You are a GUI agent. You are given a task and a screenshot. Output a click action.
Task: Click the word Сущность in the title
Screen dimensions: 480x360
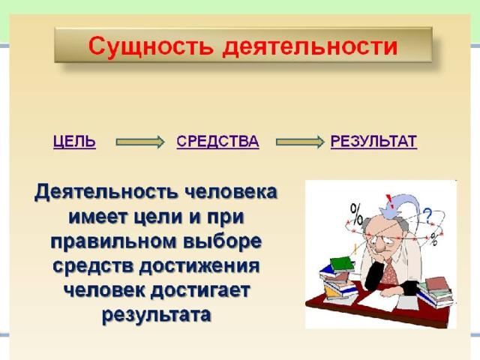(x=151, y=47)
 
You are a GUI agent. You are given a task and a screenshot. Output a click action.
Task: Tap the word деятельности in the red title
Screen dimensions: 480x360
(x=310, y=47)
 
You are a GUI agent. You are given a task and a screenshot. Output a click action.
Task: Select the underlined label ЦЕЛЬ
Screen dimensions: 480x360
(x=74, y=142)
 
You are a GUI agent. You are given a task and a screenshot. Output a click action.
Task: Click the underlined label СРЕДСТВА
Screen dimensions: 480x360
(x=217, y=142)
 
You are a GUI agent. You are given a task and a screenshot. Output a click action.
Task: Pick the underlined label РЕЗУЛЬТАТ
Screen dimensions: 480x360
(x=373, y=142)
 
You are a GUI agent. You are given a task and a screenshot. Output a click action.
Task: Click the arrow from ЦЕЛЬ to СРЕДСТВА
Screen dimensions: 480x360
(x=140, y=142)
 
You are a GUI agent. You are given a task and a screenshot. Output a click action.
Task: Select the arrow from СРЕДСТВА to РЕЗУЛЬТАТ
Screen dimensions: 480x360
(x=300, y=142)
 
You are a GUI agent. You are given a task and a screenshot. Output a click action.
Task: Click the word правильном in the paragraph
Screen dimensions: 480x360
(x=114, y=242)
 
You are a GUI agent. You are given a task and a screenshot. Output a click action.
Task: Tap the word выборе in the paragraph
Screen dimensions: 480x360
(x=222, y=241)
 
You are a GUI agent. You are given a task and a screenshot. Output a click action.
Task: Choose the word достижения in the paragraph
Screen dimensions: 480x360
(x=199, y=266)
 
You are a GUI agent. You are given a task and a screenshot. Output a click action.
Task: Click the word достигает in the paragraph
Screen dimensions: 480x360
(x=200, y=290)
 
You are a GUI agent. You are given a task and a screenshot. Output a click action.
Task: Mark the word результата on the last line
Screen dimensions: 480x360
(x=157, y=315)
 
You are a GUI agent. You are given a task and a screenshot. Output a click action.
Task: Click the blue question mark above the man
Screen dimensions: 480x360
(x=427, y=215)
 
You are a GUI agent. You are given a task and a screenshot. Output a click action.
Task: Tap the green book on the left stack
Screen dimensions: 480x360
(x=342, y=264)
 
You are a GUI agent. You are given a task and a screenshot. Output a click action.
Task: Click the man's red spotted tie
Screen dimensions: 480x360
(x=389, y=272)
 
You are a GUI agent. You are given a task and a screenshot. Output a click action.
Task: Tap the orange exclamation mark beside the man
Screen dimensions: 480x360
(x=355, y=249)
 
